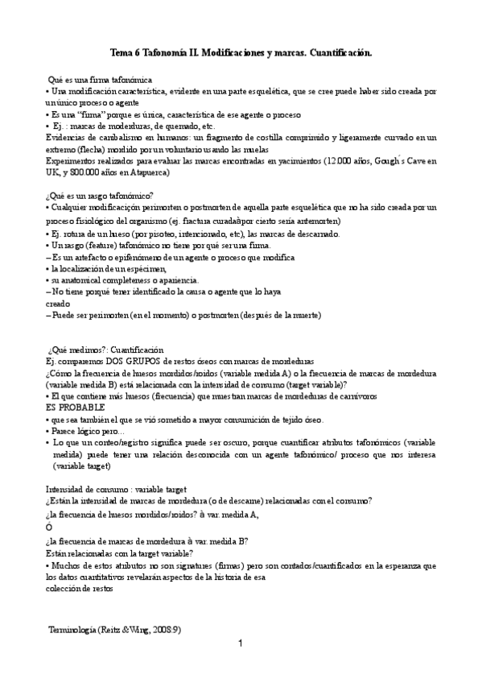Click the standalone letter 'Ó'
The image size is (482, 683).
pyautogui.click(x=49, y=527)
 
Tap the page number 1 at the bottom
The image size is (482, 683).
pyautogui.click(x=241, y=644)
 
